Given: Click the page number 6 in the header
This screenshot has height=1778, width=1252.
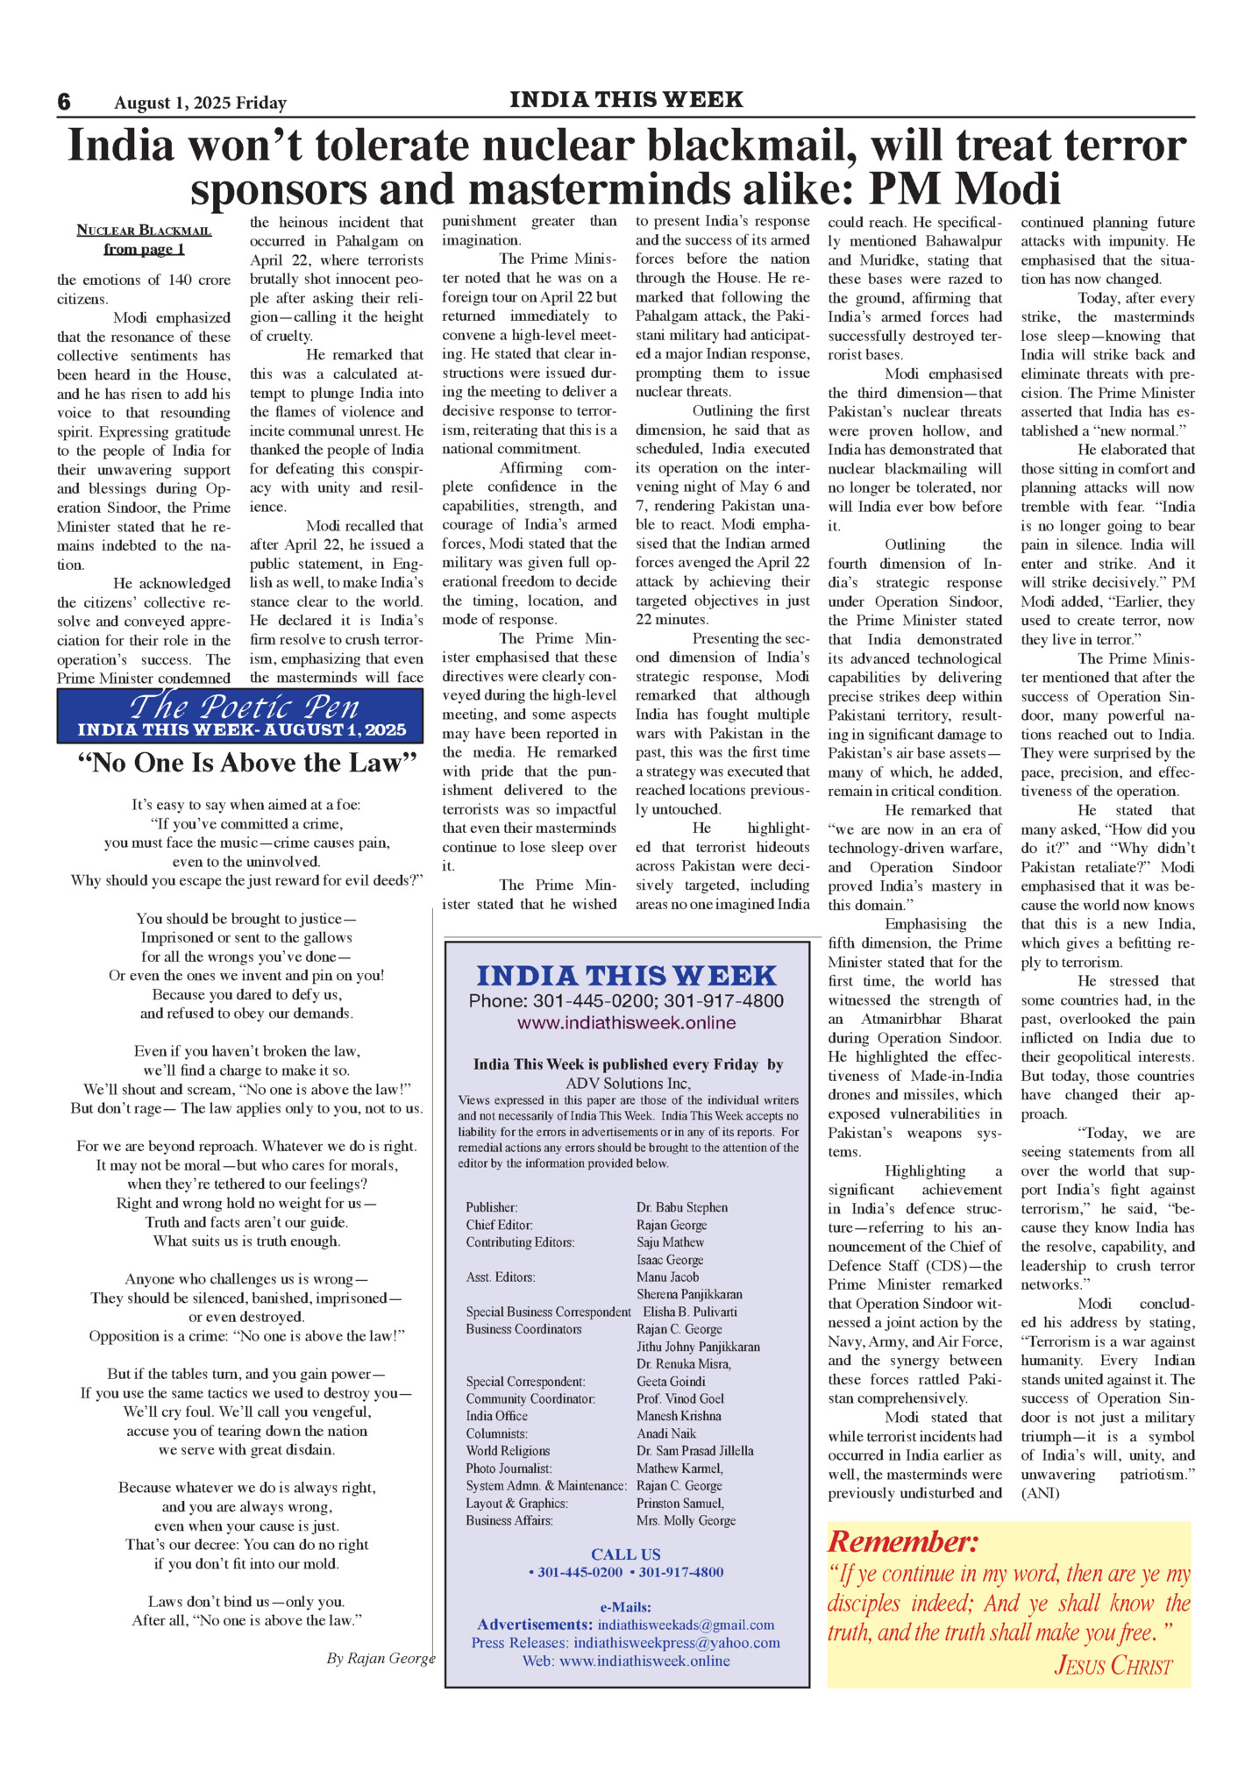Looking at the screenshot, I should point(64,102).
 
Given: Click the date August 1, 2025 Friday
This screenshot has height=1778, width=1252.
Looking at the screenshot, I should point(200,103).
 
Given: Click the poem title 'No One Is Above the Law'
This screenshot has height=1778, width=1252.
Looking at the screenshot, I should point(246,763).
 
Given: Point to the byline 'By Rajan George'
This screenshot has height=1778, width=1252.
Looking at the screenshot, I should point(381,1658).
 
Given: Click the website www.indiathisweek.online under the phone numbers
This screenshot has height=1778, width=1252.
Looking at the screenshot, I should point(626,1022).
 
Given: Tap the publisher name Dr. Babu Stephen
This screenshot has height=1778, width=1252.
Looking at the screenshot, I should point(681,1207).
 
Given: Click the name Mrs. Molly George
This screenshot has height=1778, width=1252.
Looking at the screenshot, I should point(686,1520).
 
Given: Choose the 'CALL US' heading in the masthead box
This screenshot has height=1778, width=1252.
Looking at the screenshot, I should point(625,1554).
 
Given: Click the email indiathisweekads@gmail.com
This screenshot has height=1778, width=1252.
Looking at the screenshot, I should point(686,1625).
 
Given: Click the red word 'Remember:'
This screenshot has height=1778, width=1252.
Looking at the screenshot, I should point(902,1541).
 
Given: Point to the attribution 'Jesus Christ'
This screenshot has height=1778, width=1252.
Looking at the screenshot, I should point(1113,1665).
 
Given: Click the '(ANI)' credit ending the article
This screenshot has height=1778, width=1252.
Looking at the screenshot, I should point(1040,1493).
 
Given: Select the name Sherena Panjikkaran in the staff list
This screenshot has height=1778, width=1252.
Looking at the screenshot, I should point(689,1294).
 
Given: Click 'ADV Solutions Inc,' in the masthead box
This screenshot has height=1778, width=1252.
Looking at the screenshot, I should point(628,1083).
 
